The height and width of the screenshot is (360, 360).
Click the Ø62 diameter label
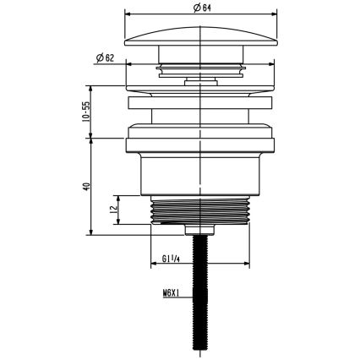[x=106, y=58]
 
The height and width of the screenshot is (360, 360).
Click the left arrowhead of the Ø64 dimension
[x=128, y=14]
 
